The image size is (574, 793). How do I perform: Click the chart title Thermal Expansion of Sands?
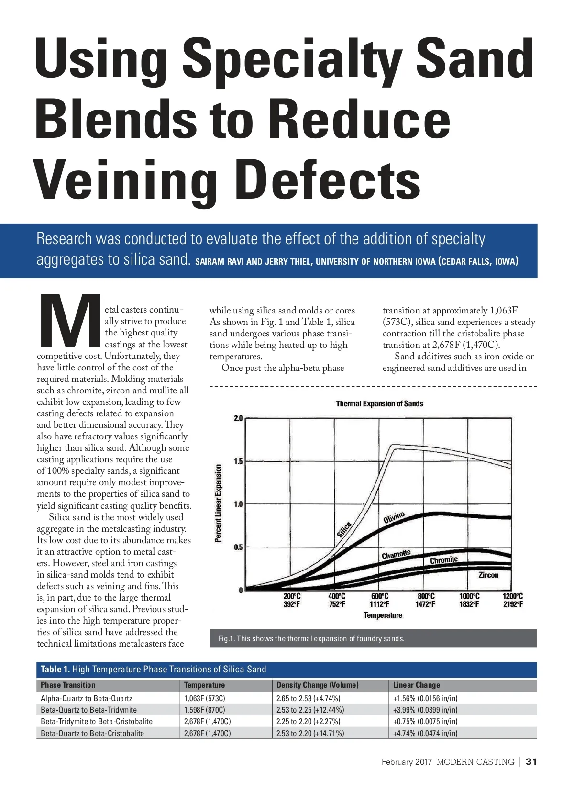click(379, 404)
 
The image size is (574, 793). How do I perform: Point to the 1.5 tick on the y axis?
click(238, 461)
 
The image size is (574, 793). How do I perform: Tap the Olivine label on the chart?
click(394, 517)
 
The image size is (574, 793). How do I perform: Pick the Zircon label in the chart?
click(488, 575)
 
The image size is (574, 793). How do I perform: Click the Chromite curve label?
click(444, 560)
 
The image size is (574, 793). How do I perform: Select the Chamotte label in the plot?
click(396, 555)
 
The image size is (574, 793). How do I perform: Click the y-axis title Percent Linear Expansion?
click(218, 503)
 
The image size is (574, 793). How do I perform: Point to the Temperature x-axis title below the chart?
click(383, 615)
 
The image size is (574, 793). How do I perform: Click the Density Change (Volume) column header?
click(317, 685)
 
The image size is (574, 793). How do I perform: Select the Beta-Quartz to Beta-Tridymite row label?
click(88, 710)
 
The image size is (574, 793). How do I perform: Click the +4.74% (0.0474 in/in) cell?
click(425, 733)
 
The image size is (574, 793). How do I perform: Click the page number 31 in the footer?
click(531, 761)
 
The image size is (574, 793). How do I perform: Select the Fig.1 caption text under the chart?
click(311, 638)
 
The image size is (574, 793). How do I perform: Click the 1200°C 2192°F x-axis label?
click(512, 600)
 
